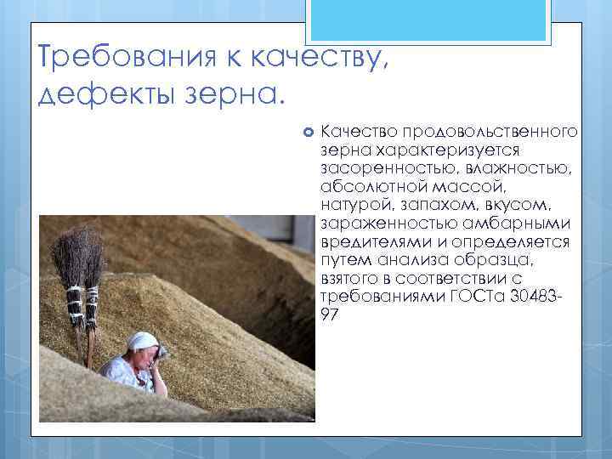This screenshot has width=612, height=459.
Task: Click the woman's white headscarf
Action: [x=140, y=341]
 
